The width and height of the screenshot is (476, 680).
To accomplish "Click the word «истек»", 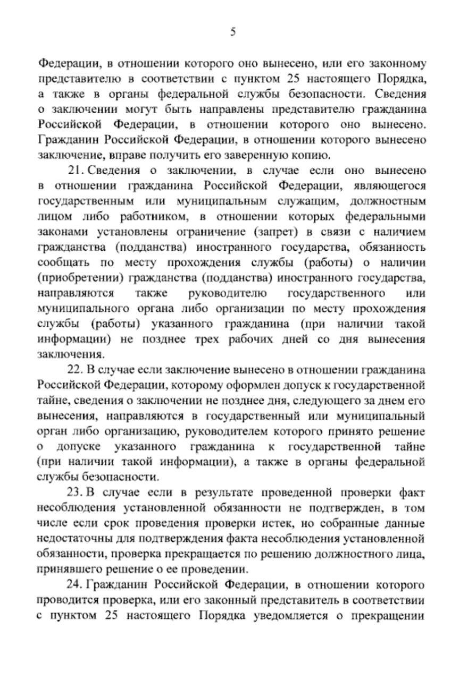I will [x=288, y=523].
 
